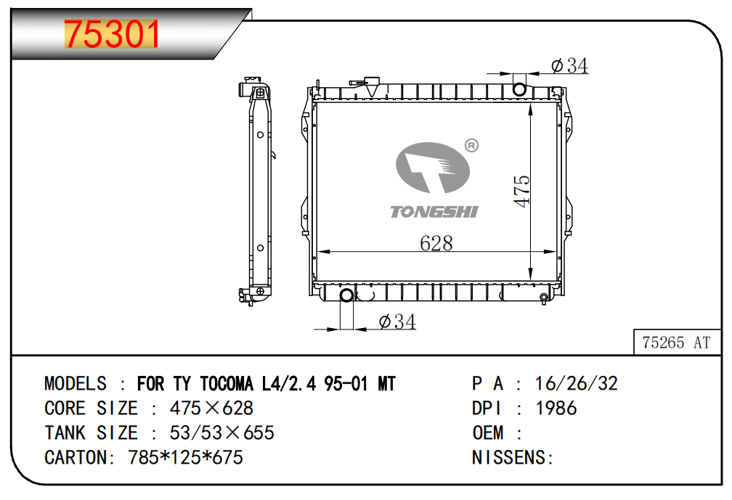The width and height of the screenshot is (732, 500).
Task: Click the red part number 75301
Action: [x=112, y=34]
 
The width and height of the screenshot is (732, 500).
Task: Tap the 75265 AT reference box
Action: [x=677, y=343]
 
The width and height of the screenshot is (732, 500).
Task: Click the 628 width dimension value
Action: [x=436, y=243]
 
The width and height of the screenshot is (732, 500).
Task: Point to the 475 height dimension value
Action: [x=521, y=192]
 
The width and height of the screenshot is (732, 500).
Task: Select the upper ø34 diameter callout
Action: [x=569, y=66]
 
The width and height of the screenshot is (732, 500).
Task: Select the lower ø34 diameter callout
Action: [x=397, y=321]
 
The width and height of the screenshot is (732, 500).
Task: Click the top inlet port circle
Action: [x=519, y=89]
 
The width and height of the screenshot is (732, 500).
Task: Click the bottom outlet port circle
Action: [x=346, y=295]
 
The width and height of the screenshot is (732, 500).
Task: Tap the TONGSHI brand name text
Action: [x=434, y=212]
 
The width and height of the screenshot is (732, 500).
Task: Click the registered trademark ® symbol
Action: [x=472, y=146]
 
